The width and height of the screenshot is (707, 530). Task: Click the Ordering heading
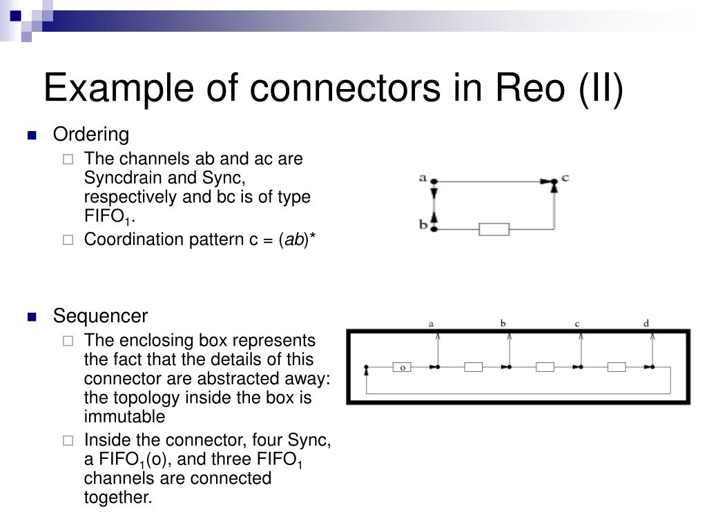[x=91, y=134]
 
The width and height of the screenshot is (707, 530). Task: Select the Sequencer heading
[x=100, y=316]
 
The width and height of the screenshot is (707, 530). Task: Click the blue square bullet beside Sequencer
[x=31, y=317]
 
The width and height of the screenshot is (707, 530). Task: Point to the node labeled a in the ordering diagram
[x=434, y=181]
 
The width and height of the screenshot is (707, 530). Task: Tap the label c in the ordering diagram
[x=565, y=178]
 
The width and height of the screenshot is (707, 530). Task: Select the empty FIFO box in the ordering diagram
[x=494, y=229]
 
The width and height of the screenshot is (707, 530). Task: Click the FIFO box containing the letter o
[x=403, y=367]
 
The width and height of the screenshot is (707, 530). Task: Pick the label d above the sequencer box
[x=646, y=323]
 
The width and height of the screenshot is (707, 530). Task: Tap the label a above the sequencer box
[x=432, y=323]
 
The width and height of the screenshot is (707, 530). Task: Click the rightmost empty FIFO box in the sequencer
[x=616, y=367]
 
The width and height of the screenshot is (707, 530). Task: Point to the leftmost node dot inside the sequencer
[x=367, y=367]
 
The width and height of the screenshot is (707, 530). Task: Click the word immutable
[x=124, y=417]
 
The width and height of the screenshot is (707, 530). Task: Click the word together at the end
[x=117, y=497]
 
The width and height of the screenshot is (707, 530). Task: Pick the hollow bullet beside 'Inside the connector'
[x=68, y=440]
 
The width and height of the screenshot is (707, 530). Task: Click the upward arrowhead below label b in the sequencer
[x=509, y=336]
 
